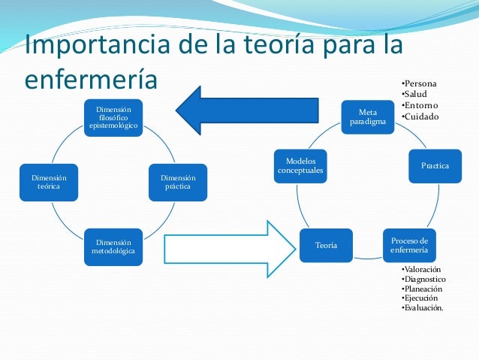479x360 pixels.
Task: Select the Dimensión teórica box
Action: pyautogui.click(x=49, y=182)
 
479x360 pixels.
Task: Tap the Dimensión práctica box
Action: pyautogui.click(x=177, y=182)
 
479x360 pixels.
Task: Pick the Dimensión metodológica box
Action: pyautogui.click(x=113, y=247)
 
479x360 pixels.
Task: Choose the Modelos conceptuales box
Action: pyautogui.click(x=300, y=165)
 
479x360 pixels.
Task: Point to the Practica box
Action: pyautogui.click(x=435, y=165)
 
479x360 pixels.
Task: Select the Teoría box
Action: pyautogui.click(x=326, y=245)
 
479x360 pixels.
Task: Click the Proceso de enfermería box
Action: pyautogui.click(x=409, y=244)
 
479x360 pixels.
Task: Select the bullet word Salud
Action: pyautogui.click(x=416, y=94)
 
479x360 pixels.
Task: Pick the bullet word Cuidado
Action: pyautogui.click(x=421, y=116)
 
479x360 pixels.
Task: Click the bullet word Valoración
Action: pyautogui.click(x=423, y=269)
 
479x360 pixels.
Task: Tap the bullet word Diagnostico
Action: pyautogui.click(x=425, y=279)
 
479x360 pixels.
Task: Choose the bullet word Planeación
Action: pyautogui.click(x=423, y=289)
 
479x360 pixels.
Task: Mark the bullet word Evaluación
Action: pyautogui.click(x=424, y=308)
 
